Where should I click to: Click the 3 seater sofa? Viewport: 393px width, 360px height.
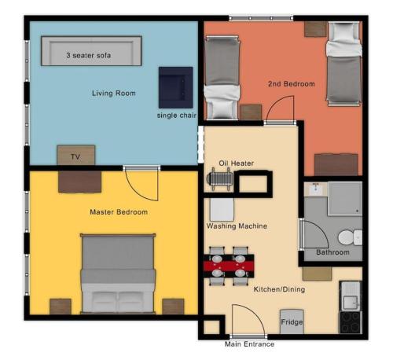(x=91, y=51)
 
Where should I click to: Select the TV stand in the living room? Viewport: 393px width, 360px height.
(x=76, y=155)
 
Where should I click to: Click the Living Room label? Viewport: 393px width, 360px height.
(x=114, y=93)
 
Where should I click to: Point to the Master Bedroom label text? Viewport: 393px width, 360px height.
(x=119, y=211)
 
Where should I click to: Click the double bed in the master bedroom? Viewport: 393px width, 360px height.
(x=118, y=274)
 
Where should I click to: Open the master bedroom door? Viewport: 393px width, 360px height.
(x=141, y=183)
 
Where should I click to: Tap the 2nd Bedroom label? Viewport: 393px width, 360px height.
(x=292, y=84)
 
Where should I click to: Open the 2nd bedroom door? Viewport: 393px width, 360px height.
(x=280, y=109)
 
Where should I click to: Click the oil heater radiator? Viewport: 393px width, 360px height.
(x=219, y=179)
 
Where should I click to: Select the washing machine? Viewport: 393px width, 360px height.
(x=222, y=210)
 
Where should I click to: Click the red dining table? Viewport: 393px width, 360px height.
(x=229, y=266)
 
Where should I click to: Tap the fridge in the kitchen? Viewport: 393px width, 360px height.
(x=292, y=321)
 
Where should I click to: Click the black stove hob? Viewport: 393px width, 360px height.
(x=351, y=322)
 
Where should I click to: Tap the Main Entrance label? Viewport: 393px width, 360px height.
(x=249, y=344)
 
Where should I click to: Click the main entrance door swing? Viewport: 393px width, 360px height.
(x=248, y=320)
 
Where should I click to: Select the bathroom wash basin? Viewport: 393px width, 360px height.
(x=316, y=189)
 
